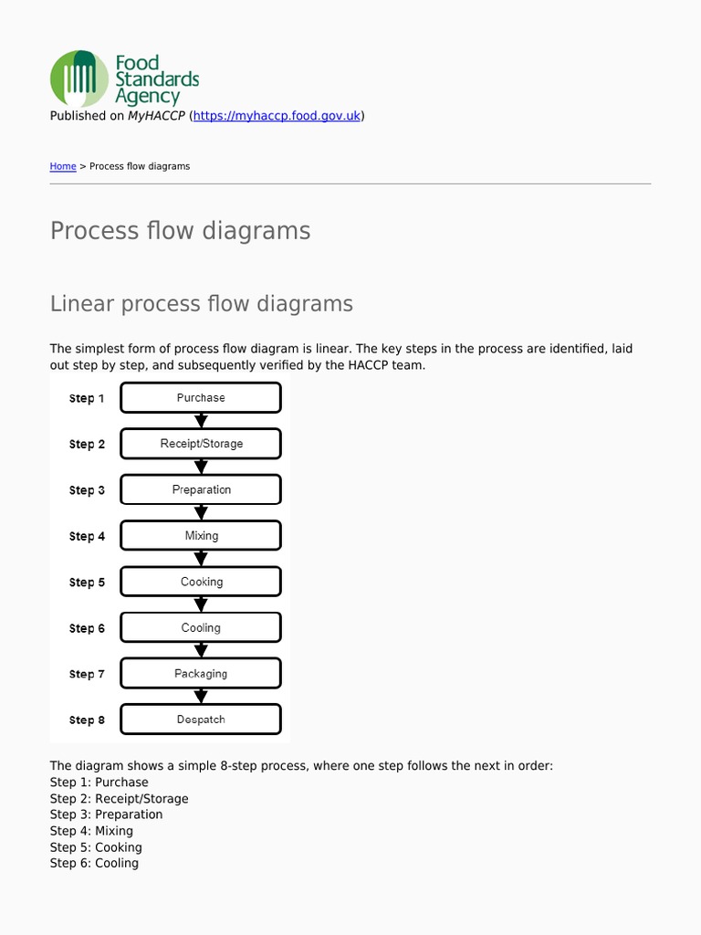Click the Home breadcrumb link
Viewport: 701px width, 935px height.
coord(63,166)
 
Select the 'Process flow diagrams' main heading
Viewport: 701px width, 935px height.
coord(180,231)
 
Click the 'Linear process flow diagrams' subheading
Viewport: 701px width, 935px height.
coord(201,304)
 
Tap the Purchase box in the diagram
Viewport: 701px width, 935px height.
coord(201,398)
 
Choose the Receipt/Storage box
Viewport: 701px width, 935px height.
coord(201,444)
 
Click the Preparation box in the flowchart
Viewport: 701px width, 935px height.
coord(201,490)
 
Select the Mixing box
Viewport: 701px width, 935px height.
coord(201,536)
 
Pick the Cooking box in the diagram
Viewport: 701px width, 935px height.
coord(201,582)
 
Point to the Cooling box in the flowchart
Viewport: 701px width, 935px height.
coord(201,628)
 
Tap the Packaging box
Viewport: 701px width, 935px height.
coord(201,674)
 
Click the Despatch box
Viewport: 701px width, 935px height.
coord(201,720)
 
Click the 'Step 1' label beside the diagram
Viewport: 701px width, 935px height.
coord(87,399)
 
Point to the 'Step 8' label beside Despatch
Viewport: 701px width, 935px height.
coord(87,720)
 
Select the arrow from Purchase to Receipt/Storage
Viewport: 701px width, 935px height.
coord(202,421)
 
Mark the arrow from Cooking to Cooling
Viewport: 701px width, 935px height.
coord(202,604)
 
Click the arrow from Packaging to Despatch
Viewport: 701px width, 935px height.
coord(202,697)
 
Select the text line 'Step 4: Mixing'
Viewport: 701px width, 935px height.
coord(91,831)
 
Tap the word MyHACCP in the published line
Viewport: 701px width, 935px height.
coord(155,116)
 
